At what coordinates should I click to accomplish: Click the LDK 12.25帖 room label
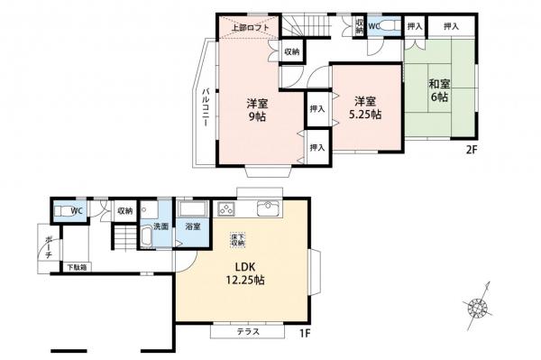pyautogui.click(x=245, y=273)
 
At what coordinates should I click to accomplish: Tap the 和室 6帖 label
pyautogui.click(x=439, y=90)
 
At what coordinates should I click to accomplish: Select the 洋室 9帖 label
pyautogui.click(x=257, y=110)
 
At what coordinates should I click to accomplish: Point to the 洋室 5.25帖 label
pyautogui.click(x=365, y=107)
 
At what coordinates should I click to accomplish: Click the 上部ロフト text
pyautogui.click(x=251, y=27)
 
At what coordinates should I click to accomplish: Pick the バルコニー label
pyautogui.click(x=206, y=108)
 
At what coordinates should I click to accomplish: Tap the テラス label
pyautogui.click(x=248, y=332)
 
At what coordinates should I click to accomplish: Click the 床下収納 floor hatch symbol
pyautogui.click(x=238, y=240)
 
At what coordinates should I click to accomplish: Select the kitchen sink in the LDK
pyautogui.click(x=270, y=208)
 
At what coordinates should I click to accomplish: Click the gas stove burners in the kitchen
pyautogui.click(x=226, y=208)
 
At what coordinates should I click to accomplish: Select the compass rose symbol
pyautogui.click(x=478, y=306)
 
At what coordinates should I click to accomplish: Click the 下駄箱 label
pyautogui.click(x=77, y=267)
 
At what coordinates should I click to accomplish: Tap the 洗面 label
pyautogui.click(x=160, y=226)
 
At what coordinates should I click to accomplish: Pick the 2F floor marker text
pyautogui.click(x=472, y=150)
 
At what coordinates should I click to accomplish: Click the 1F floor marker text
pyautogui.click(x=305, y=334)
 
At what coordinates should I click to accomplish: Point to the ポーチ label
pyautogui.click(x=49, y=247)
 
